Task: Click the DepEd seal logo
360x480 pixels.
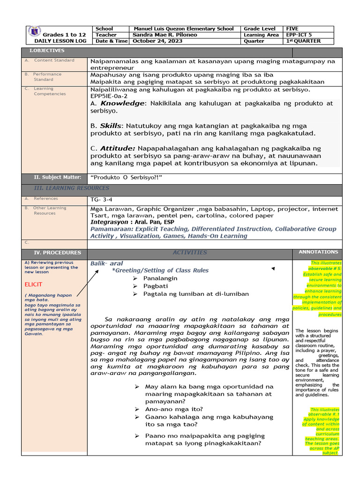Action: point(35,31)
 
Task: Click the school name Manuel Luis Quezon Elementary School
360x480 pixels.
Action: point(183,29)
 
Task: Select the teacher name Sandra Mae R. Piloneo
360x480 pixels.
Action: point(165,35)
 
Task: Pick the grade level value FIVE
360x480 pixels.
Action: point(292,29)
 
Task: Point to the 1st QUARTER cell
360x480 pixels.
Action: point(304,41)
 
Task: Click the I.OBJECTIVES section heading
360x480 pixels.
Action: point(47,51)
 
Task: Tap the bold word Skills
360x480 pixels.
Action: point(111,126)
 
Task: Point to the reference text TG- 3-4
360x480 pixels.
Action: point(100,199)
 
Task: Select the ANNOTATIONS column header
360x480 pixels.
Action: point(318,252)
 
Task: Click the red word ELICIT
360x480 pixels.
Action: point(33,285)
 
